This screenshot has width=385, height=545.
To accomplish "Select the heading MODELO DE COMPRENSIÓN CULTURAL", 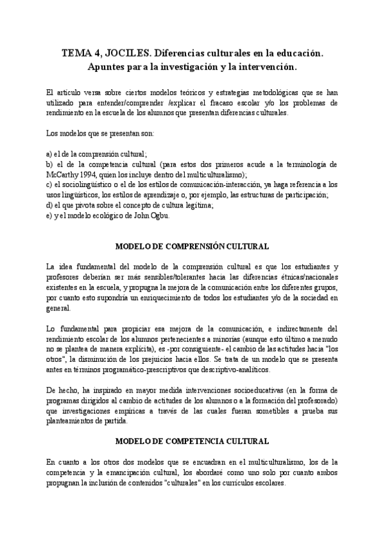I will pyautogui.click(x=192, y=246).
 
